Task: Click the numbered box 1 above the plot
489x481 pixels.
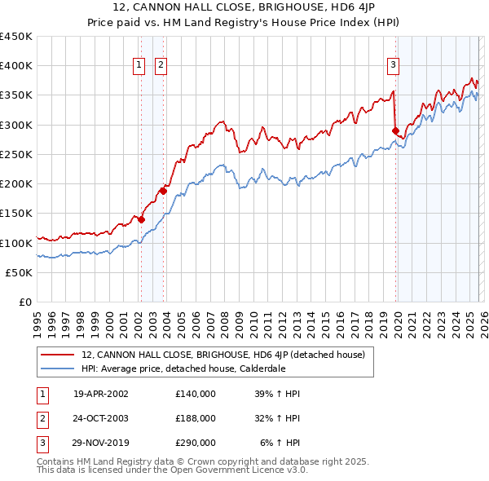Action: [139, 66]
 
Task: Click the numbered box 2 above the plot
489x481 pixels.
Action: [161, 66]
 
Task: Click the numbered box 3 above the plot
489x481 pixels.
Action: [394, 66]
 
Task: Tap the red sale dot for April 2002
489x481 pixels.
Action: [141, 219]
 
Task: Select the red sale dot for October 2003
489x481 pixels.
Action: [163, 191]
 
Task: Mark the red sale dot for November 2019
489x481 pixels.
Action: [395, 130]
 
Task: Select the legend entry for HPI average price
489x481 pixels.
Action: [183, 368]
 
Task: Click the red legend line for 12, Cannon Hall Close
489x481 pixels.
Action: [58, 355]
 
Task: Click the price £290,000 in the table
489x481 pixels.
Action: [196, 443]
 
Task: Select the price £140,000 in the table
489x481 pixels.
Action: [196, 394]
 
